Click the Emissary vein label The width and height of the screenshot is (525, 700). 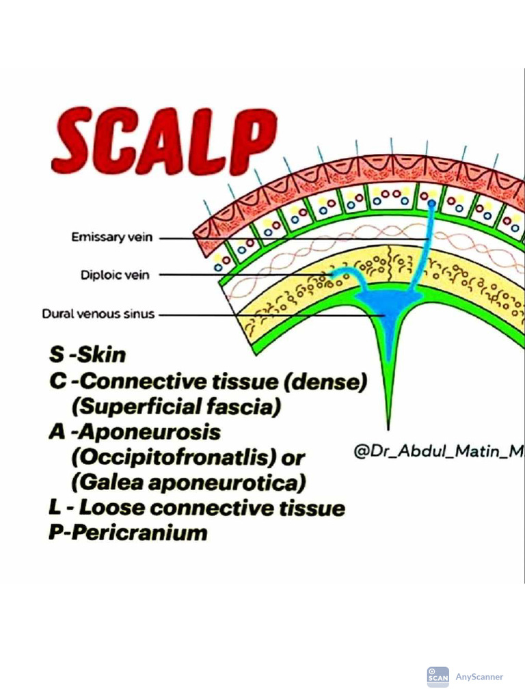click(112, 238)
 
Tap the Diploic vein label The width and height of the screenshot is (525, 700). click(115, 275)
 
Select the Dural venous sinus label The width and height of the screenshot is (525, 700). click(98, 314)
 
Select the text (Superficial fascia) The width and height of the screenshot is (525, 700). click(176, 407)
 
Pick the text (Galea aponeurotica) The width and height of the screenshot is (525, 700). click(188, 482)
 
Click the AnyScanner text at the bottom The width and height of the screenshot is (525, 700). click(479, 677)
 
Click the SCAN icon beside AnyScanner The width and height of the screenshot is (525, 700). click(437, 677)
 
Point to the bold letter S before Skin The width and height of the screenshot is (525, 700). click(56, 355)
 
